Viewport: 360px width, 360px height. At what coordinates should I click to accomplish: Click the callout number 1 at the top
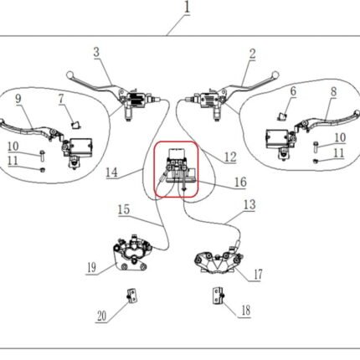(187, 7)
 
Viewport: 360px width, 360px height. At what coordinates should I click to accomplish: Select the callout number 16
(240, 182)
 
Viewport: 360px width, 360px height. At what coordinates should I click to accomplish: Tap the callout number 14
(111, 172)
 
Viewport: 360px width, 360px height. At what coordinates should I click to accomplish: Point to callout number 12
(230, 157)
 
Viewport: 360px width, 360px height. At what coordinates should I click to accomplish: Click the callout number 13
(249, 205)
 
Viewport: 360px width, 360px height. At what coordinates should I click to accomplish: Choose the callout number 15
(124, 209)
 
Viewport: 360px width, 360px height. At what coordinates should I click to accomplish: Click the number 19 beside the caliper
(91, 268)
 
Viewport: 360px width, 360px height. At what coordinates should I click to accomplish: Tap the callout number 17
(258, 275)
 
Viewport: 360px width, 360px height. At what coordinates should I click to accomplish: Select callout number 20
(101, 316)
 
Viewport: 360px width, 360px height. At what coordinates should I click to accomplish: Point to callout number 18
(246, 311)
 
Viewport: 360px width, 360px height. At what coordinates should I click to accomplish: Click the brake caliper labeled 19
(132, 253)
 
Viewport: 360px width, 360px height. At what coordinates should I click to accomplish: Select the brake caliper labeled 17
(219, 260)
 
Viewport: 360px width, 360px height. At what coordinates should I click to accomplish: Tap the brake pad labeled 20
(132, 296)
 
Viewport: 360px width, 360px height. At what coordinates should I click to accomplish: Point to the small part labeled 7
(75, 126)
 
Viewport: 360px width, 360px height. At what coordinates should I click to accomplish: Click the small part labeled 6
(282, 116)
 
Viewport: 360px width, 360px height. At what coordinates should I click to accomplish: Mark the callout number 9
(18, 99)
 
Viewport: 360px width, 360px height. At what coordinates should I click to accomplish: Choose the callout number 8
(333, 92)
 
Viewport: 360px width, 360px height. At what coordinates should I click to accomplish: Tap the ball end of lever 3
(69, 75)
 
